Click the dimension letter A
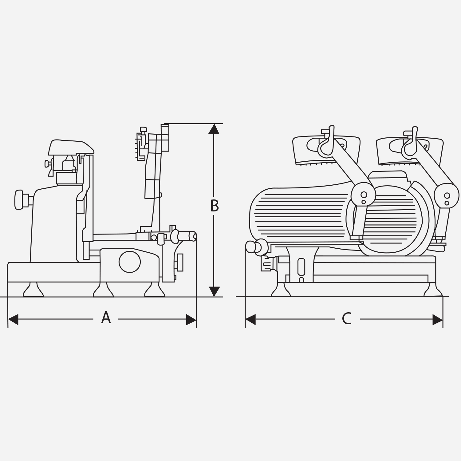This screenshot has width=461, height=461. (106, 318)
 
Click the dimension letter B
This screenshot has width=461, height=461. (215, 206)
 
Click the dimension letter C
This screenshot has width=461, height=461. (347, 319)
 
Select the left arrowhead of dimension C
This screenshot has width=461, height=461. (250, 320)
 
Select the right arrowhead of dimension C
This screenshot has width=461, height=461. (438, 320)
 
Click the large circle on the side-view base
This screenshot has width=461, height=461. (130, 262)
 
